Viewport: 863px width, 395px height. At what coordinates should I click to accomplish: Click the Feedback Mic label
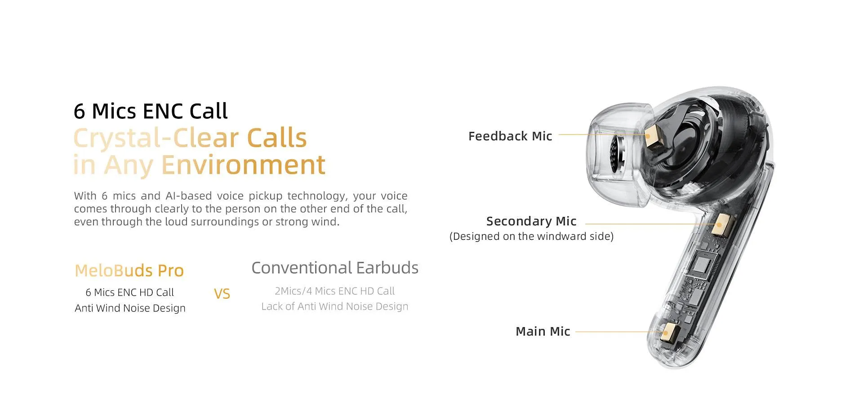click(x=510, y=136)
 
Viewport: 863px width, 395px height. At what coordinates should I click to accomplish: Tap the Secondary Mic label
click(x=531, y=221)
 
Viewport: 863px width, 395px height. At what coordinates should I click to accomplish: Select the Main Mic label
click(x=543, y=331)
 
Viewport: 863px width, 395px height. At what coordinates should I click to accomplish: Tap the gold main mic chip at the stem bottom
click(x=669, y=332)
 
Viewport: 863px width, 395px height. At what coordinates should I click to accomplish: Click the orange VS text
click(x=222, y=294)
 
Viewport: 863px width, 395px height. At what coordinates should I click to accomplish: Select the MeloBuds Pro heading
click(x=129, y=270)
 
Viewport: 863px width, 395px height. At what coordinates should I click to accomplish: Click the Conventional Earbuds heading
click(x=335, y=268)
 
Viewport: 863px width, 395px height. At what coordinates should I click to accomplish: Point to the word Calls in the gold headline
click(x=277, y=138)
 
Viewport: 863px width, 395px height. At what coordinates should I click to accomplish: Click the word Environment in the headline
click(x=243, y=165)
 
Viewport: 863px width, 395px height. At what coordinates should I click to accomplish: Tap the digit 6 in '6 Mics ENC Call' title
click(x=79, y=111)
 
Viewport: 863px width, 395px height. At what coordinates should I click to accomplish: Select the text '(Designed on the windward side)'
click(x=532, y=236)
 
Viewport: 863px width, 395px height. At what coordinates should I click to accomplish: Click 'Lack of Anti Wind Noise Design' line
click(x=335, y=306)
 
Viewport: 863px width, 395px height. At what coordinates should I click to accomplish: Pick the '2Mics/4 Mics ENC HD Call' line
click(x=335, y=291)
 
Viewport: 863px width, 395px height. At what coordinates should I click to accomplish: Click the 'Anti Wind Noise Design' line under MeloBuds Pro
click(x=130, y=308)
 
